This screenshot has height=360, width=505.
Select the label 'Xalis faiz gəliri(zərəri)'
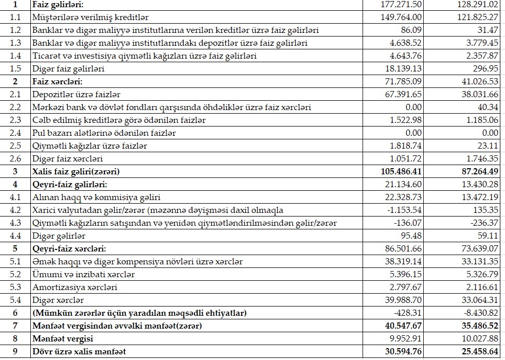(79, 172)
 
